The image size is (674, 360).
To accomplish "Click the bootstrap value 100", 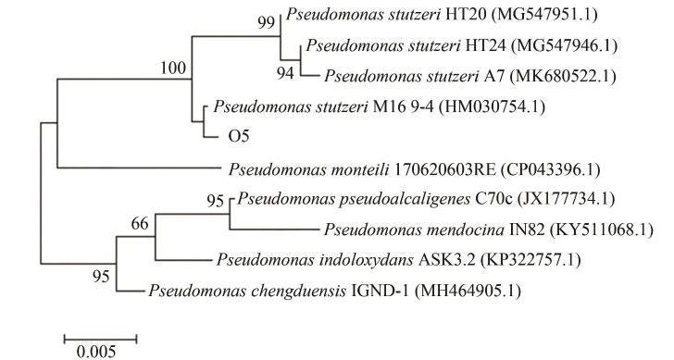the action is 173,68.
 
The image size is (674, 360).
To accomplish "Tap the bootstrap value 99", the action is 266,22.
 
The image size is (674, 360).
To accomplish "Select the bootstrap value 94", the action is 285,73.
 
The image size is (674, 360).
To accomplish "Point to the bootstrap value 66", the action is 140,223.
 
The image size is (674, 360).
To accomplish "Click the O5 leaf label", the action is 239,136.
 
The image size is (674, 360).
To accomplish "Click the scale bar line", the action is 100,340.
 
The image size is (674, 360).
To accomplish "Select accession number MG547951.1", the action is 546,15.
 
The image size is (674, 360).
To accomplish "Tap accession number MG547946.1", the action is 564,45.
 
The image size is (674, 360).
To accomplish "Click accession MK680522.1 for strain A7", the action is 563,76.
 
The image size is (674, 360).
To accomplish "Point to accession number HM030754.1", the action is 492,106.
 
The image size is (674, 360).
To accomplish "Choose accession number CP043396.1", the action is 550,169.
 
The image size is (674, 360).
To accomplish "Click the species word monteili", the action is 360,169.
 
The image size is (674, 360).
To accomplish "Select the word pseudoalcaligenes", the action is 405,199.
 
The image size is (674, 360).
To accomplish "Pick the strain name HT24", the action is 486,45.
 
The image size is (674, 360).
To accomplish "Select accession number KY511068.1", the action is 602,230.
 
